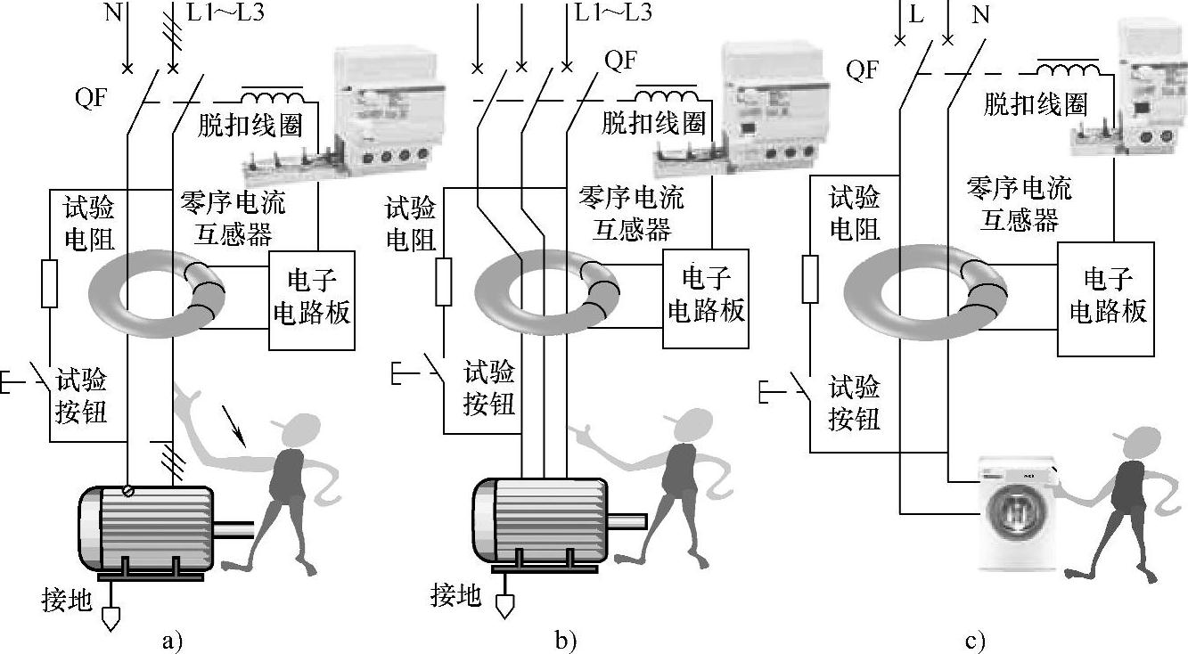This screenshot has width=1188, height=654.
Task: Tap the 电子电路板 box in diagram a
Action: point(312,301)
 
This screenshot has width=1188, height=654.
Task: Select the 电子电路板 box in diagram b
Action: point(706,299)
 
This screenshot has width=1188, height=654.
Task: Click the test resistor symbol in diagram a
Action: point(50,284)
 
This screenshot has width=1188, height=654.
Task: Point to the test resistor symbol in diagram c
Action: point(810,277)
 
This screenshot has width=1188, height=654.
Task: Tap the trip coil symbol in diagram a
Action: point(272,97)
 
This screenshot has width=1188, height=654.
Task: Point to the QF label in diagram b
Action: point(620,61)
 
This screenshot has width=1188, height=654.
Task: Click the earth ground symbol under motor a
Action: point(111,617)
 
